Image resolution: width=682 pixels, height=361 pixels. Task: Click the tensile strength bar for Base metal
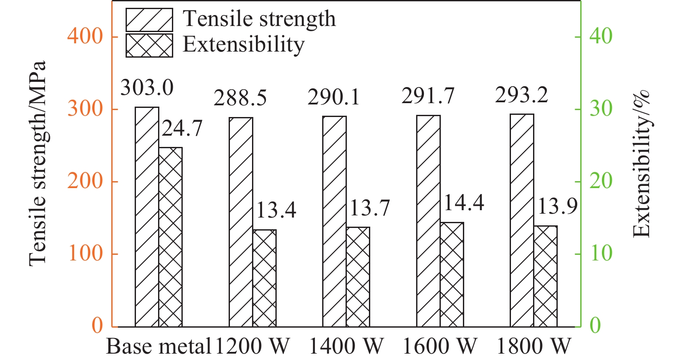[147, 217]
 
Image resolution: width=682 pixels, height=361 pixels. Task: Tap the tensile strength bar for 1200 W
[241, 222]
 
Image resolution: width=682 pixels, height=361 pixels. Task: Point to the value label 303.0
[147, 88]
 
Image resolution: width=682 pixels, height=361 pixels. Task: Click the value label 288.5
[240, 98]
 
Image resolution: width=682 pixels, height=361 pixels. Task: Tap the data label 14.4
[464, 202]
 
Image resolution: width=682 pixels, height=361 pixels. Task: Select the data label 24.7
[182, 128]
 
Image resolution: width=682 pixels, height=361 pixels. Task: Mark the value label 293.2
[521, 95]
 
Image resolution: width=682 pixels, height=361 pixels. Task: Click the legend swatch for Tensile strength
[149, 20]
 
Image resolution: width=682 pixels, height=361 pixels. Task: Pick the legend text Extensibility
[243, 44]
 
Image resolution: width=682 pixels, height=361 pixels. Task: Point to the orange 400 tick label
[85, 36]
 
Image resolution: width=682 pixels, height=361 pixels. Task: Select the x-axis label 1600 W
[440, 346]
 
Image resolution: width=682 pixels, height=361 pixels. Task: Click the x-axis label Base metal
[158, 346]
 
